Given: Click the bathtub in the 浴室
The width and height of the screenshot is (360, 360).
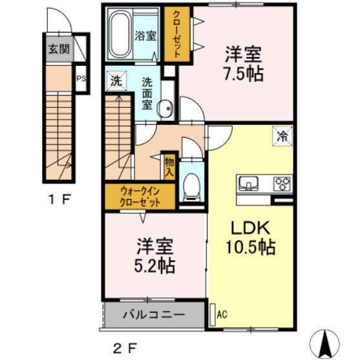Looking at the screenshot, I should [x=120, y=33].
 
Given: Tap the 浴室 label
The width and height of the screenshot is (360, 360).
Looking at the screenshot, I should [x=145, y=36].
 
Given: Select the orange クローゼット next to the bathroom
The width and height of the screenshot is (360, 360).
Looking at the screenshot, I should [x=176, y=36].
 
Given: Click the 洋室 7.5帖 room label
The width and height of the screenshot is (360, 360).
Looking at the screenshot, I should [x=244, y=63].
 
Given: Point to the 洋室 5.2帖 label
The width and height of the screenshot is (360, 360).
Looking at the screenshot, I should [x=156, y=255].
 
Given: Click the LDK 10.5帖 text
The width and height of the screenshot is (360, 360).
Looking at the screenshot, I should [x=251, y=237].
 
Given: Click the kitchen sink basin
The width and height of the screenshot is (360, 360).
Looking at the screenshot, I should [x=249, y=185].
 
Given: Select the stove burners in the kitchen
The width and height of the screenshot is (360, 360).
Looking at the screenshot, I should [x=282, y=184].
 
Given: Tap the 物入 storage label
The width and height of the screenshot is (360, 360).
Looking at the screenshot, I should [x=169, y=167].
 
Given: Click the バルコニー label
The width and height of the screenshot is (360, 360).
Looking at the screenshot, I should [x=154, y=317].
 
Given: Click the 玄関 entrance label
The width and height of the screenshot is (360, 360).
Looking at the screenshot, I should [x=57, y=48].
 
